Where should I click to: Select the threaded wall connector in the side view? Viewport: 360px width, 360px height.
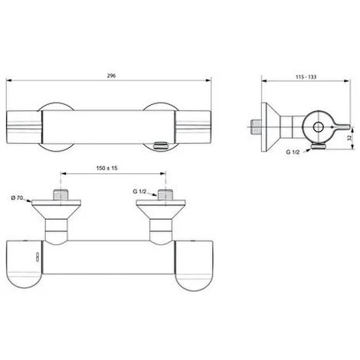pyautogui.click(x=256, y=122)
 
